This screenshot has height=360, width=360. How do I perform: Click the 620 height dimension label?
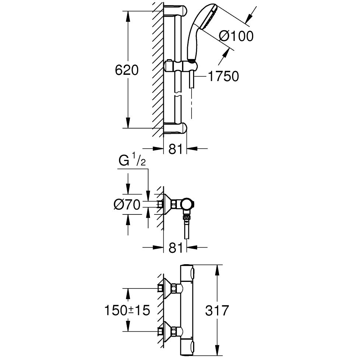click(x=126, y=70)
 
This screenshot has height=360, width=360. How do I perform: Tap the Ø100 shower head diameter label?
click(x=236, y=36)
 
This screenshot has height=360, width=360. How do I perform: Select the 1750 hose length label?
click(x=223, y=76)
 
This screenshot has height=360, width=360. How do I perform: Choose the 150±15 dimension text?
click(x=126, y=310)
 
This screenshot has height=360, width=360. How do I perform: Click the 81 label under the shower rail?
click(x=175, y=149)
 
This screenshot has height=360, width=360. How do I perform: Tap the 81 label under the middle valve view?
click(x=175, y=248)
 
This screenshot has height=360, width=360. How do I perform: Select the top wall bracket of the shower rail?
click(x=175, y=11)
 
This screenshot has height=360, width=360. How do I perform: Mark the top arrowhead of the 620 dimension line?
click(x=128, y=15)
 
